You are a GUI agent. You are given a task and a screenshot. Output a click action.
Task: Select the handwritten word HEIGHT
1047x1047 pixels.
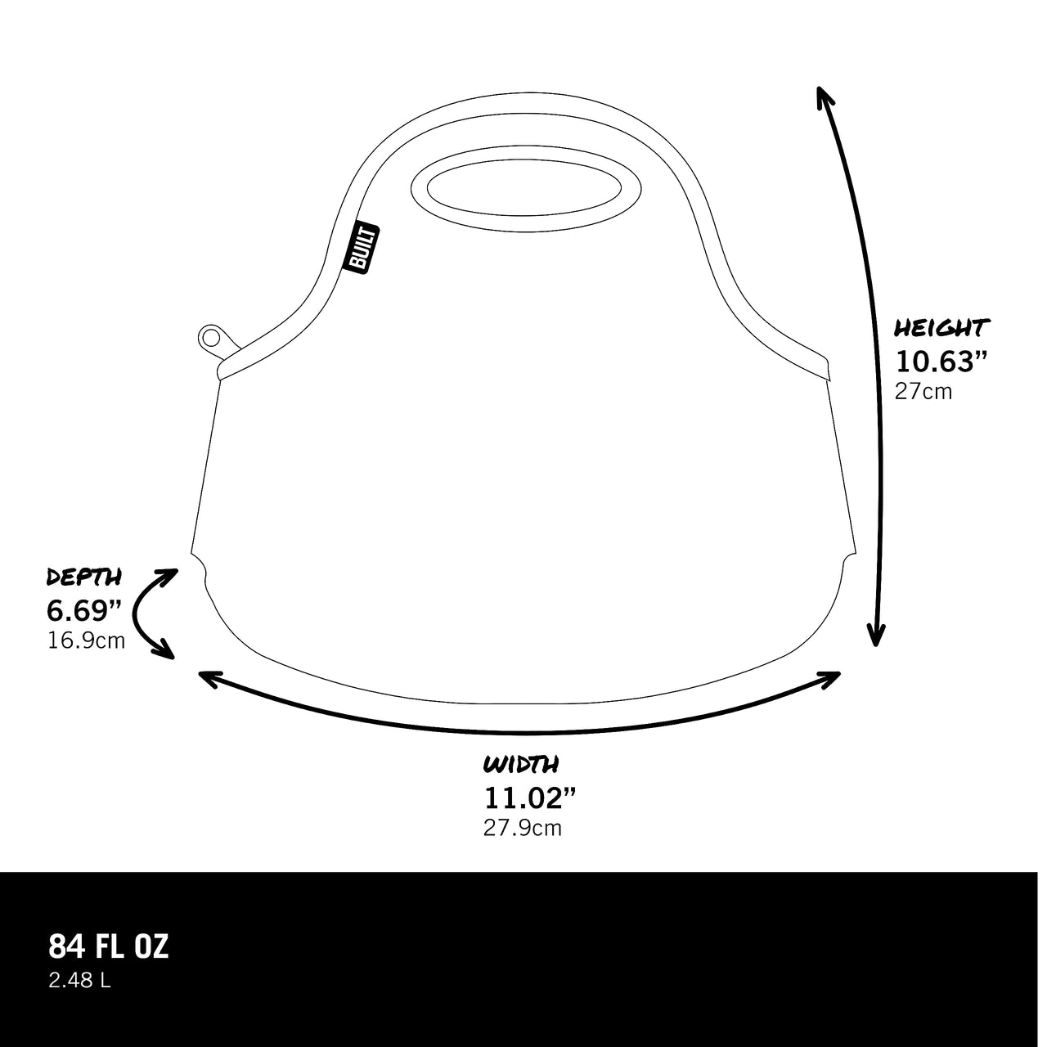pyautogui.click(x=941, y=328)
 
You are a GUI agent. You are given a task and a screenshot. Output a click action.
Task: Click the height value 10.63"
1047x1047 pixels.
pyautogui.click(x=941, y=362)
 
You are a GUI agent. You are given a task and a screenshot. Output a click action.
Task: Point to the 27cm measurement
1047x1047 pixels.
pyautogui.click(x=923, y=393)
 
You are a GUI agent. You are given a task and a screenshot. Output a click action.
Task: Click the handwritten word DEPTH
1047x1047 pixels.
pyautogui.click(x=83, y=577)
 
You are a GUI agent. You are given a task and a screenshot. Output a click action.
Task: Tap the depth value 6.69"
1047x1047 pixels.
pyautogui.click(x=83, y=611)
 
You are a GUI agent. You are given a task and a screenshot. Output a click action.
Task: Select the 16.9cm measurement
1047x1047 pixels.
pyautogui.click(x=87, y=641)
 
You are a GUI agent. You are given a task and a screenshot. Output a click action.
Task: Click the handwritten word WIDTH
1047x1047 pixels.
pyautogui.click(x=520, y=764)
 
